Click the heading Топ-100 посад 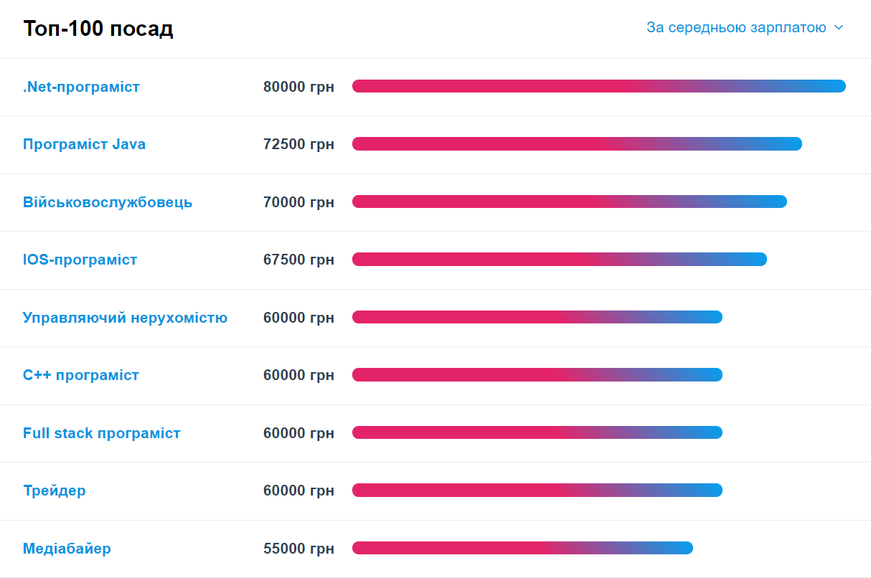(x=98, y=29)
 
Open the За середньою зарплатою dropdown (x=745, y=28)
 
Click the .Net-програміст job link (x=81, y=87)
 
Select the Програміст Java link (x=84, y=144)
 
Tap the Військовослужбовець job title (x=108, y=202)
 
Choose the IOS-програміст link (x=80, y=260)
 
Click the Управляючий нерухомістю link (x=125, y=318)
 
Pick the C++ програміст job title (x=81, y=375)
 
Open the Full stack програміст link (x=102, y=433)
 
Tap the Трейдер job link (x=55, y=491)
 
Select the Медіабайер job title (x=67, y=549)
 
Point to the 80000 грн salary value (x=298, y=87)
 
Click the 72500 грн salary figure (x=298, y=144)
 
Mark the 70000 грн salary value (x=298, y=202)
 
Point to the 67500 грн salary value (x=298, y=260)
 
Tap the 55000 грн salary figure (x=298, y=549)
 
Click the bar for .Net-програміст (x=599, y=86)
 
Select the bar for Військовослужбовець (x=570, y=202)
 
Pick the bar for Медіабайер (x=522, y=548)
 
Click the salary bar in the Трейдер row (x=537, y=491)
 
